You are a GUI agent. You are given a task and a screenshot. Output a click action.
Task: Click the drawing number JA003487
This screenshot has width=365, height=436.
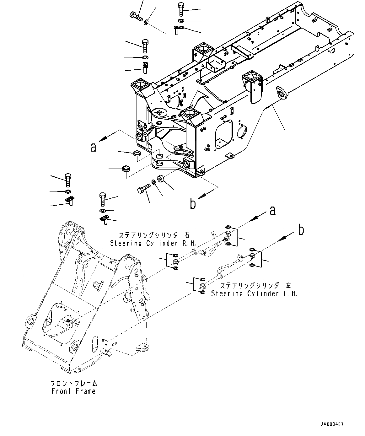(332, 424)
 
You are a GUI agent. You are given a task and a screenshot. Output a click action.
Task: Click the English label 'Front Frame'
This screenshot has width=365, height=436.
(73, 391)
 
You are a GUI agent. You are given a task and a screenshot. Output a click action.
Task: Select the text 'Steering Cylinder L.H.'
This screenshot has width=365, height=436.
(254, 294)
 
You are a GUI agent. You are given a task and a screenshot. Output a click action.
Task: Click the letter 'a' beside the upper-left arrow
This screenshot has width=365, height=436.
(93, 147)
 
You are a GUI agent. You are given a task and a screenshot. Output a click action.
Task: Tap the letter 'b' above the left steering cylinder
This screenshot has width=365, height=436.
(301, 231)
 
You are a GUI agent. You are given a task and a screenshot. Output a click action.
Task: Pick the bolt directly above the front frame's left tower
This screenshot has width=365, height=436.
(68, 180)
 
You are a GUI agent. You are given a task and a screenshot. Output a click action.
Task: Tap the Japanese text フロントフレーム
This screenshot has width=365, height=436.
(74, 384)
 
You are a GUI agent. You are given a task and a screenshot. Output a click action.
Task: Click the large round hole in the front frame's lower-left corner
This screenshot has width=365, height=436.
(31, 322)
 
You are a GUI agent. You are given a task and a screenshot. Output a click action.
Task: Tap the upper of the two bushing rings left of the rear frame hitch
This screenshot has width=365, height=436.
(137, 153)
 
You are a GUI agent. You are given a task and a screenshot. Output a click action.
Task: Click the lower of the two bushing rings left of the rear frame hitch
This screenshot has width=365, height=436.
(126, 169)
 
